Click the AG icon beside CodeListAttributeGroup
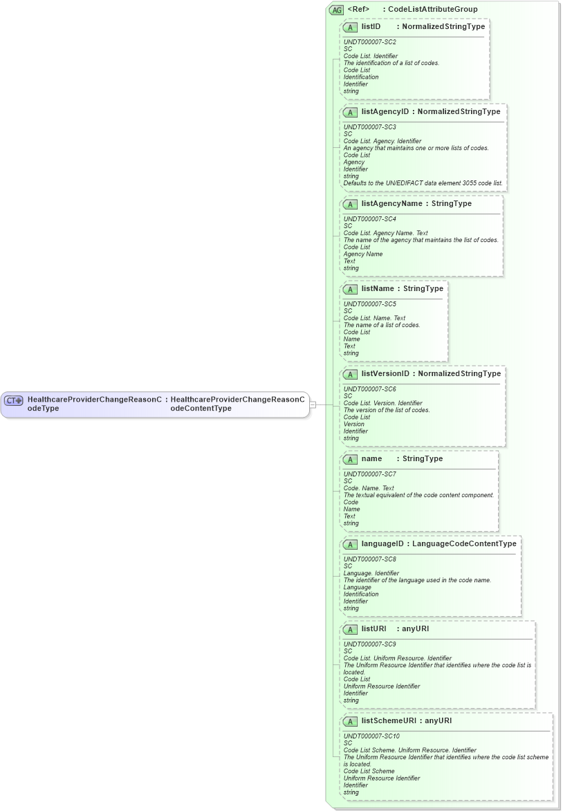pos(336,10)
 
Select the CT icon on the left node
pos(14,400)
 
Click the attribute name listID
pos(371,26)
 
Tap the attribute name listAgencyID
pos(385,111)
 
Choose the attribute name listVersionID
pos(385,373)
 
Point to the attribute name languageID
pos(382,543)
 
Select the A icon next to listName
pos(350,289)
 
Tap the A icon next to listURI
pos(350,629)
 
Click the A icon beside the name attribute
pos(350,459)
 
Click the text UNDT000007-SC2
pos(370,42)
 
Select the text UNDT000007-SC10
pos(371,736)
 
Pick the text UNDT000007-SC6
pos(370,389)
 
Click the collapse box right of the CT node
pos(313,404)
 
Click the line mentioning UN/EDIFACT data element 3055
pos(423,183)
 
